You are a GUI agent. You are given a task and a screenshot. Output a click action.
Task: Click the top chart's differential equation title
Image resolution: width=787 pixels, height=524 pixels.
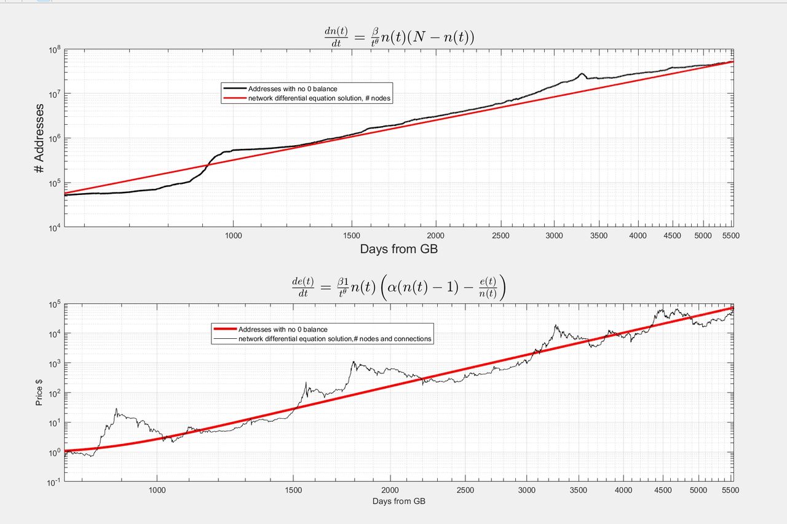click(x=399, y=38)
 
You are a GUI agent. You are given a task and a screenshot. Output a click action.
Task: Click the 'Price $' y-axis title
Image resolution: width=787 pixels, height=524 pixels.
click(x=39, y=392)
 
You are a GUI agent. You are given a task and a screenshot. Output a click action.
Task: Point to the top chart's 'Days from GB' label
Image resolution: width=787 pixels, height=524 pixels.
click(x=399, y=249)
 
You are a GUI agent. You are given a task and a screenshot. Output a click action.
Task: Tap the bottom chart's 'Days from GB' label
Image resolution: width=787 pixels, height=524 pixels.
click(x=399, y=501)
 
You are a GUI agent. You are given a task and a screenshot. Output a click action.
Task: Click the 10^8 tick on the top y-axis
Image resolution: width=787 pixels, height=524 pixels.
click(x=53, y=50)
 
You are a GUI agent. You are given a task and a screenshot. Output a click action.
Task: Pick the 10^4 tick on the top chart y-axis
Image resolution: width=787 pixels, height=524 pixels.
click(x=53, y=228)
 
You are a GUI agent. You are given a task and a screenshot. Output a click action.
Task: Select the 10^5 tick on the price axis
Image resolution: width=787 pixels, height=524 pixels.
click(x=53, y=304)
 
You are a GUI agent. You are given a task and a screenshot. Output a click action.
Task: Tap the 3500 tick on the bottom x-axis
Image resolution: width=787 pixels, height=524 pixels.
click(x=578, y=490)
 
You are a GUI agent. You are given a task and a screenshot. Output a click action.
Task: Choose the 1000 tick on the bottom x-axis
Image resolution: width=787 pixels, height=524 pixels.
click(x=157, y=490)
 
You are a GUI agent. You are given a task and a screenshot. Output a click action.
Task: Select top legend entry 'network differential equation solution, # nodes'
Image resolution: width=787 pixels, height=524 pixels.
click(x=319, y=98)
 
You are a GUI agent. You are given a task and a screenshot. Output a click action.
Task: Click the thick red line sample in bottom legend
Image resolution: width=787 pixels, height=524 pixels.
click(x=224, y=330)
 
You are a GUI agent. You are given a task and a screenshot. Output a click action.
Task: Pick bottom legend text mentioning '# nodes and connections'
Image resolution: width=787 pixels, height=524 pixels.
click(x=335, y=338)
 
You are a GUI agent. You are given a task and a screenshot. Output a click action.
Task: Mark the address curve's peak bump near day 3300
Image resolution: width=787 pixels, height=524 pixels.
click(x=581, y=74)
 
